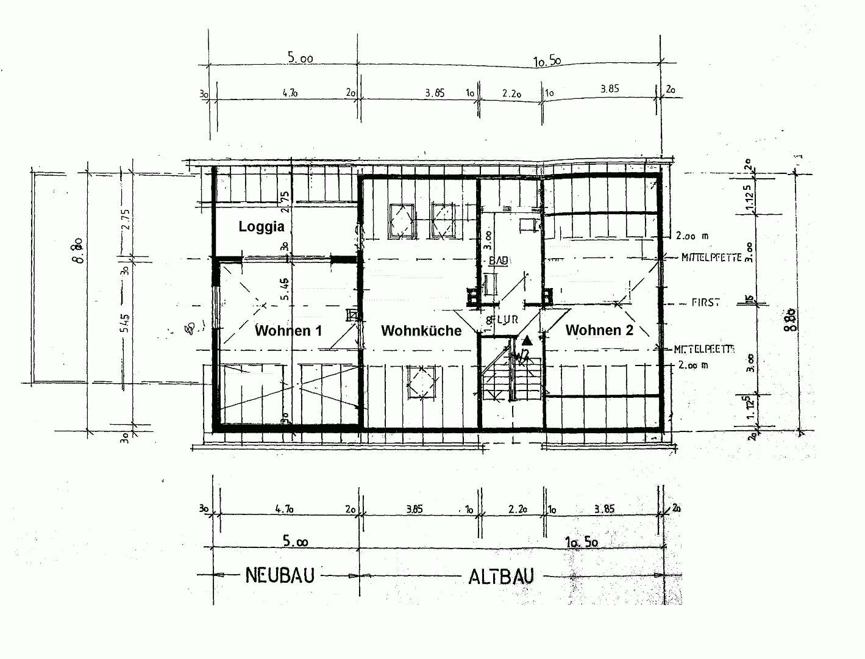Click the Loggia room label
[261, 227]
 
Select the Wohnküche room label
[421, 331]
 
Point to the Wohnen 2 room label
[599, 330]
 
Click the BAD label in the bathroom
[499, 261]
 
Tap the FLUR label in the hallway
[502, 319]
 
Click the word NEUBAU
[279, 575]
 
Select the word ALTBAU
[500, 576]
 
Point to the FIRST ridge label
[705, 303]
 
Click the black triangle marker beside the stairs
[526, 339]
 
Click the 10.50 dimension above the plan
[547, 60]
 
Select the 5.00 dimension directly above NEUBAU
[295, 541]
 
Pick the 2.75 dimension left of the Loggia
[126, 219]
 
